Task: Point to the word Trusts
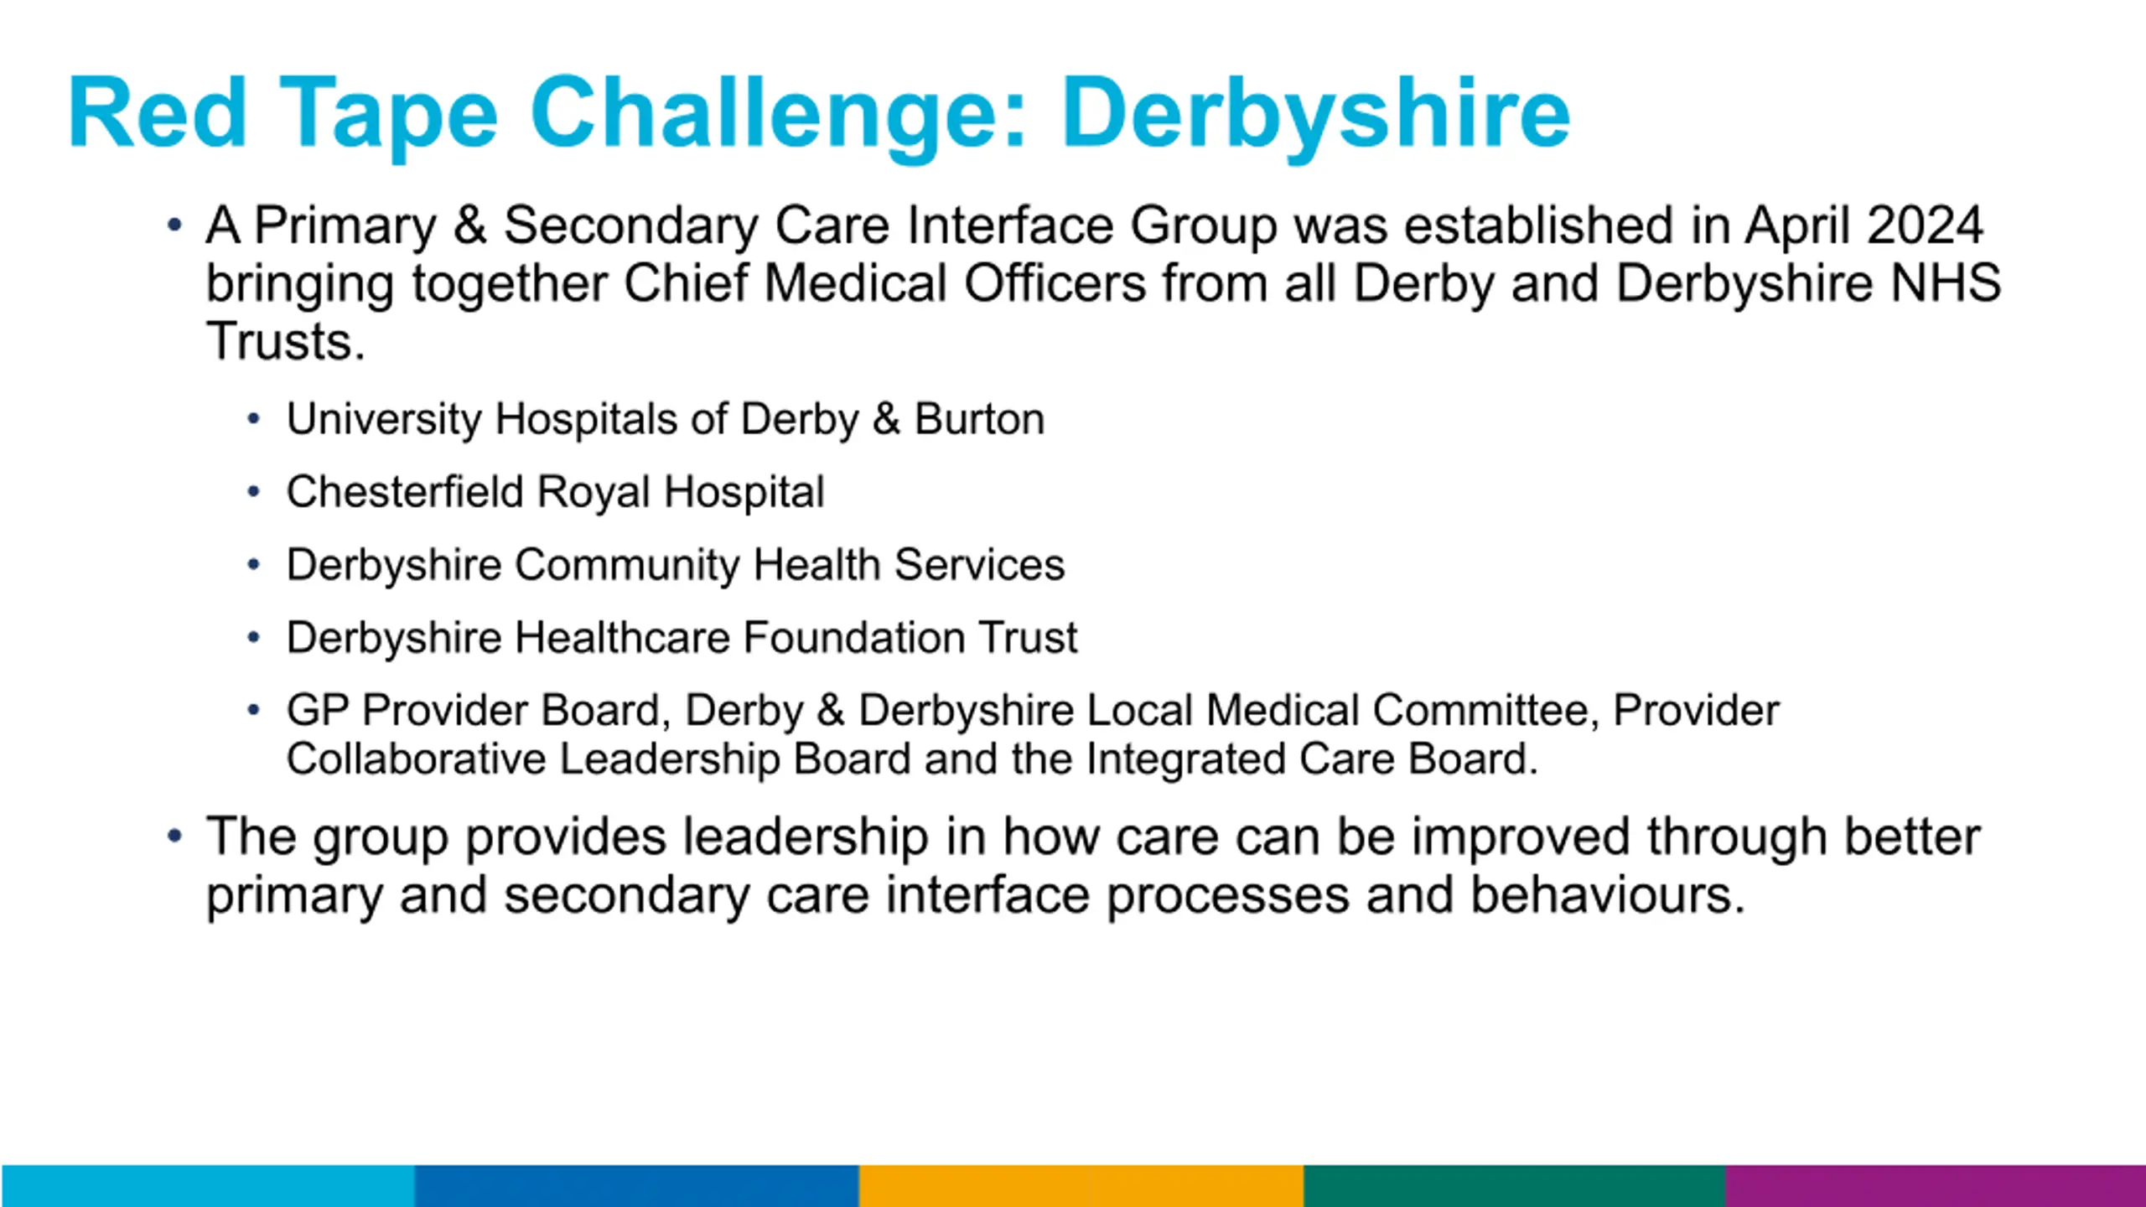tap(285, 341)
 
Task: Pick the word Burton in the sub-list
tap(979, 418)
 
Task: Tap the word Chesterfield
tap(404, 491)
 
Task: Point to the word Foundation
tap(853, 637)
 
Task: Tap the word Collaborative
tap(416, 759)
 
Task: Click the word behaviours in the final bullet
tap(1608, 894)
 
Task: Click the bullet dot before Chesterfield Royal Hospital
tap(254, 492)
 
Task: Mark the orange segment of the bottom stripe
tap(1081, 1185)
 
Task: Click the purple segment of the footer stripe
tap(1936, 1185)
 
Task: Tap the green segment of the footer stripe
tap(1515, 1185)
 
